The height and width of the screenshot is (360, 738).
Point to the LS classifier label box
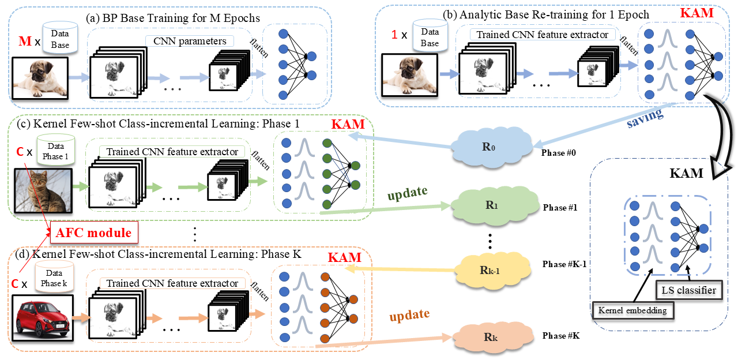(688, 290)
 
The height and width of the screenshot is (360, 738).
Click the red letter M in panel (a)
(25, 42)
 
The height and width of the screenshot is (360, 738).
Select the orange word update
(409, 315)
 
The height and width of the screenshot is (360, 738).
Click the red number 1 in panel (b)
(394, 35)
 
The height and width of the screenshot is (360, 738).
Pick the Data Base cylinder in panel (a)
(59, 36)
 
